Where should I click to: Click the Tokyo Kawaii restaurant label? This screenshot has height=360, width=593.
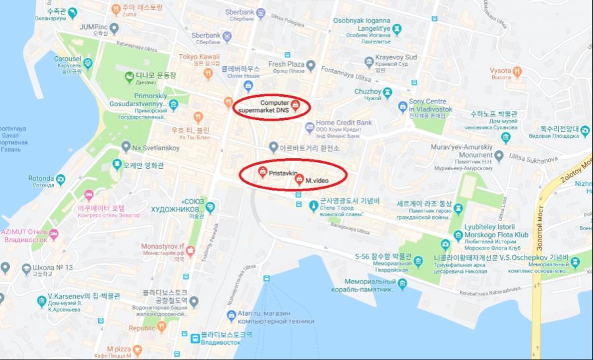[x=199, y=57]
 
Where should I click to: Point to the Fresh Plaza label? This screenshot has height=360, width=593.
[x=286, y=64]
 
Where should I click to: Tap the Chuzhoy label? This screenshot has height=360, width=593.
[x=368, y=91]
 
